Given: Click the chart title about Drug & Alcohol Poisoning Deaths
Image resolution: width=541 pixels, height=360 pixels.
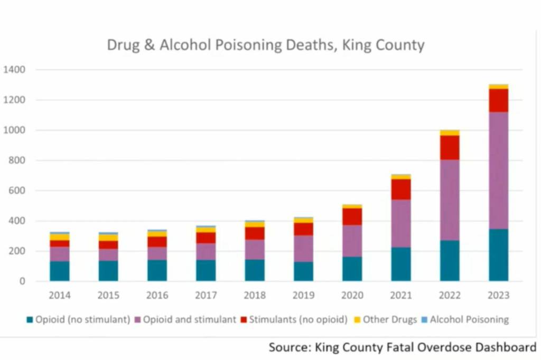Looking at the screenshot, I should [x=265, y=45].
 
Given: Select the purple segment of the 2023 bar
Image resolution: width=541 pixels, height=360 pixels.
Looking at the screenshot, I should [x=498, y=170].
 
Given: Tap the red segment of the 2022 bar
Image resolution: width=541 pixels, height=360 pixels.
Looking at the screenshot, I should [x=450, y=147].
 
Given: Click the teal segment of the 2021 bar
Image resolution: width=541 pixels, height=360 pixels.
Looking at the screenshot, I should [x=401, y=264].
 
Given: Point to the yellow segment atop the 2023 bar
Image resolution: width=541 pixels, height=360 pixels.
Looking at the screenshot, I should [x=498, y=86].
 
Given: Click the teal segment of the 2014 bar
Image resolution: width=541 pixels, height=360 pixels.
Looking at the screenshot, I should [x=60, y=271].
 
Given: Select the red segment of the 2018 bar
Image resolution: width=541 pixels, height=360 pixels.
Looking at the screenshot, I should [x=255, y=233].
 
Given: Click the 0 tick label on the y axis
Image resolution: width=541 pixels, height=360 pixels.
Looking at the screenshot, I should [x=22, y=281].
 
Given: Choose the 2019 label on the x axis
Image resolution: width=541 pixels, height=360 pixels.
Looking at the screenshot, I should [x=304, y=296].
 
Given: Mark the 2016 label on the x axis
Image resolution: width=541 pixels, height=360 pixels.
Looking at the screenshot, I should [x=157, y=296].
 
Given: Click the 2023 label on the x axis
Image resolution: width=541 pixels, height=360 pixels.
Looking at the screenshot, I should [x=498, y=296].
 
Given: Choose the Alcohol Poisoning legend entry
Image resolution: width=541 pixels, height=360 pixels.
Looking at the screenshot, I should [x=464, y=319].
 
